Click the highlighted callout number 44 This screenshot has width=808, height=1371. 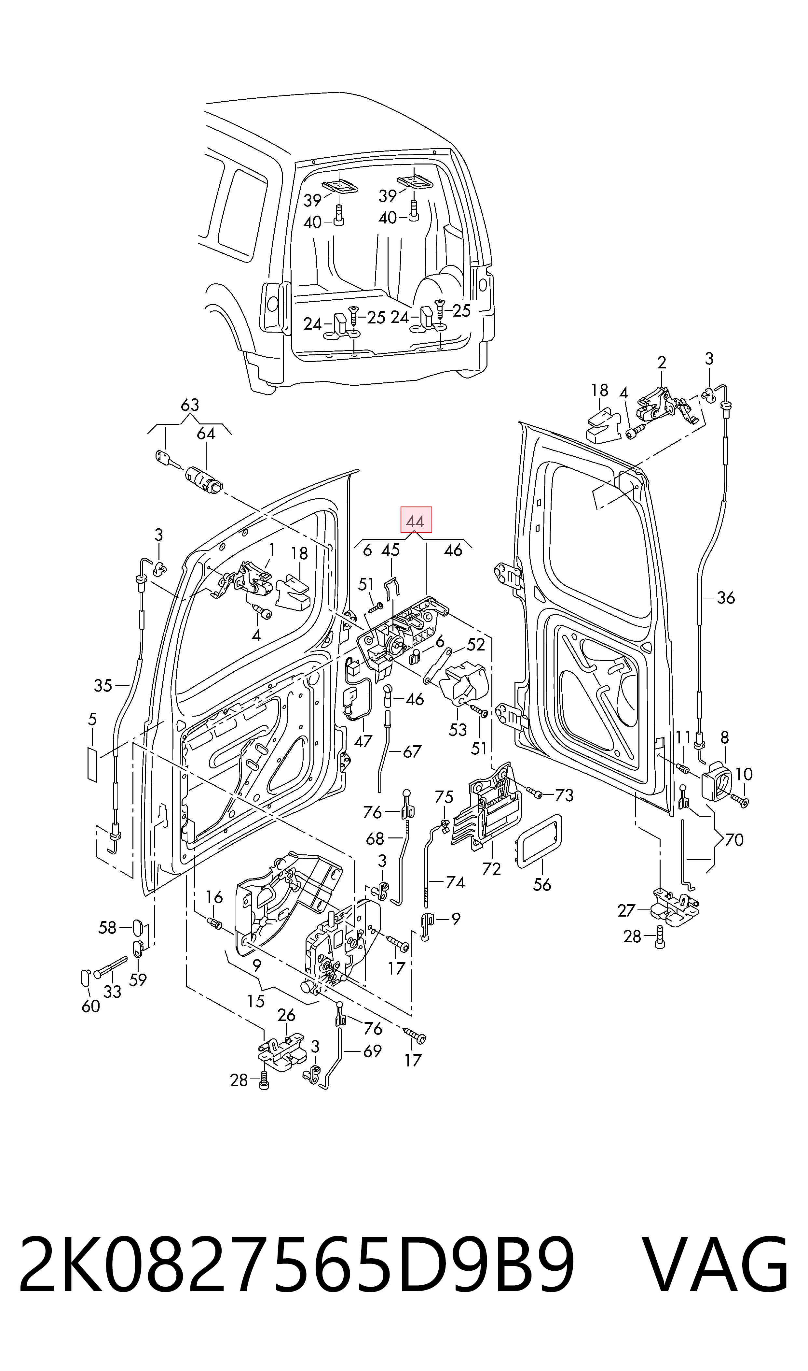coord(416,521)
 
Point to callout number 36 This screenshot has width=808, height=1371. coord(726,598)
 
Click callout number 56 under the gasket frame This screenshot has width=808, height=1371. coord(542,884)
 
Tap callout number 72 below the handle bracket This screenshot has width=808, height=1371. coord(491,869)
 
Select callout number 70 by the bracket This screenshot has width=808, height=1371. coord(734,840)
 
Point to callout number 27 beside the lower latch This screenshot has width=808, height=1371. coord(627,910)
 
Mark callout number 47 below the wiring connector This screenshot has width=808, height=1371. coord(363,740)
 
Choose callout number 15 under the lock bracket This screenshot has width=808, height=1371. coord(255,1001)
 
